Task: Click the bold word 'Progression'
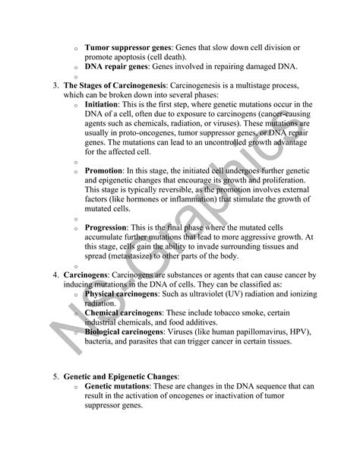click(x=109, y=227)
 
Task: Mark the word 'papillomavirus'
click(x=247, y=331)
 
